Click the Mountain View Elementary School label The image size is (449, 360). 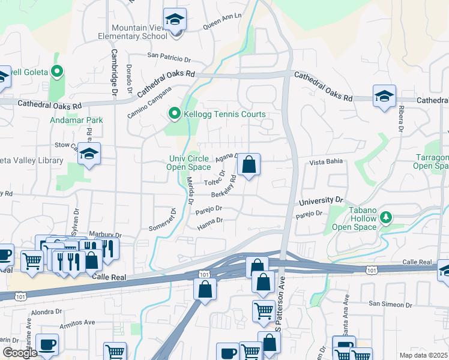pyautogui.click(x=133, y=32)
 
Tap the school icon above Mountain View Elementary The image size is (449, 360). pyautogui.click(x=175, y=20)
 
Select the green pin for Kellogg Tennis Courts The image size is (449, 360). pyautogui.click(x=174, y=113)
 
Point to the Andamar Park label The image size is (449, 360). pyautogui.click(x=77, y=120)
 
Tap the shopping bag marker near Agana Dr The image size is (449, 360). pyautogui.click(x=249, y=164)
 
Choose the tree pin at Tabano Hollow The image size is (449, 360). pyautogui.click(x=387, y=216)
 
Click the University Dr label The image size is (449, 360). pyautogui.click(x=321, y=199)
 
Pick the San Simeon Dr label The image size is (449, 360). pyautogui.click(x=390, y=305)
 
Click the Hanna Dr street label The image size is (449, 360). pyautogui.click(x=210, y=221)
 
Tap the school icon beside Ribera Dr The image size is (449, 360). pyautogui.click(x=384, y=96)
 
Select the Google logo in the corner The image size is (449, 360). pyautogui.click(x=19, y=353)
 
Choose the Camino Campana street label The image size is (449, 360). pyautogui.click(x=149, y=102)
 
